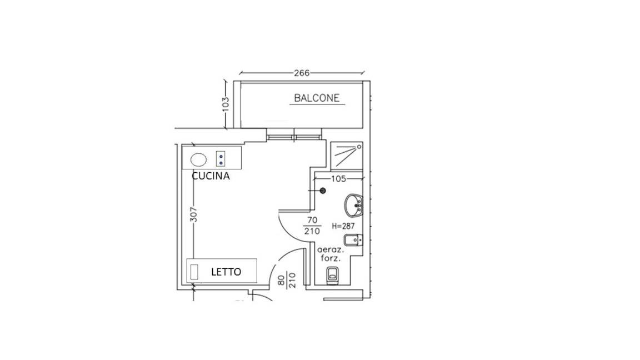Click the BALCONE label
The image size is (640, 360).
point(317,98)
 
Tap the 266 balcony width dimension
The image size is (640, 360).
point(302,73)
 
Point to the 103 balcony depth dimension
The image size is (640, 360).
point(226,104)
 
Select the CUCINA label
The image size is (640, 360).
point(211,176)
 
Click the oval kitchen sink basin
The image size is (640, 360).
point(199,159)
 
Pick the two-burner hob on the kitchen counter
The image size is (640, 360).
point(221,158)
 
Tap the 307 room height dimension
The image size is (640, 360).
point(194,214)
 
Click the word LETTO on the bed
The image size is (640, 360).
point(226,272)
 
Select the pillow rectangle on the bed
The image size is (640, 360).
point(194,272)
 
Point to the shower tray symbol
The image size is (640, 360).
point(347,156)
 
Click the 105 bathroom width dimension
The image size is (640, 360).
point(338,179)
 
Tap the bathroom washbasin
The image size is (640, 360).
point(353,206)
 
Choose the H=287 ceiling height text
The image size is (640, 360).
point(343,226)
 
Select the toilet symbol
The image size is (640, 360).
point(333,274)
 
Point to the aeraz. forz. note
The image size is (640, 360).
point(331,253)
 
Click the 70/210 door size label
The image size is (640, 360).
point(312,226)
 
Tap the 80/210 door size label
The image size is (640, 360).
point(287,281)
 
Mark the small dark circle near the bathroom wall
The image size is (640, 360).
point(323,191)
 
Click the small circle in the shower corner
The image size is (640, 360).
point(359,146)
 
